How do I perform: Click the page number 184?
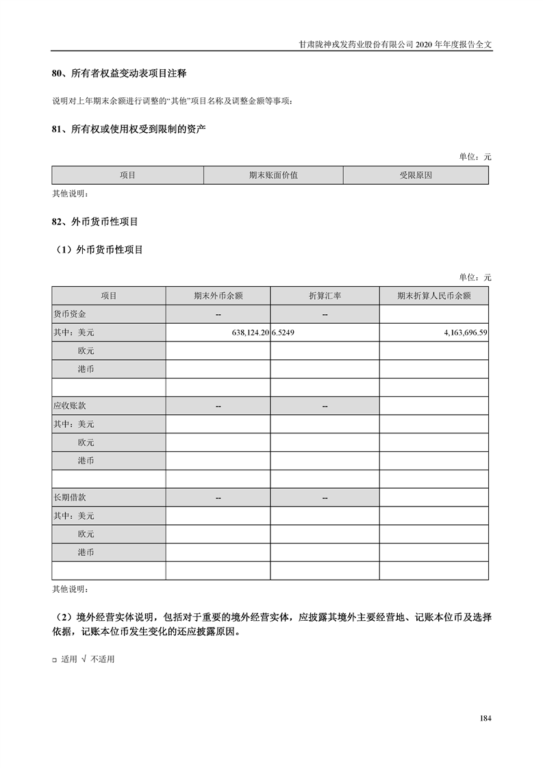[485, 718]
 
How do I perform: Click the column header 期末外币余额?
[218, 296]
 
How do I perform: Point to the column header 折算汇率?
[325, 296]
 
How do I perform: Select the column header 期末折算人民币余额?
[433, 296]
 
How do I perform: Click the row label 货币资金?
[69, 314]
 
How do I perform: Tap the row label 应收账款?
[69, 406]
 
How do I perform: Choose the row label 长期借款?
[69, 498]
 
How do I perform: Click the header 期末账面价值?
[273, 175]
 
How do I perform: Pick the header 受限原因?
[416, 175]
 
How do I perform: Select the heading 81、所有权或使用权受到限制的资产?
[129, 129]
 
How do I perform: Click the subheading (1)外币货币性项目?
[100, 250]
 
